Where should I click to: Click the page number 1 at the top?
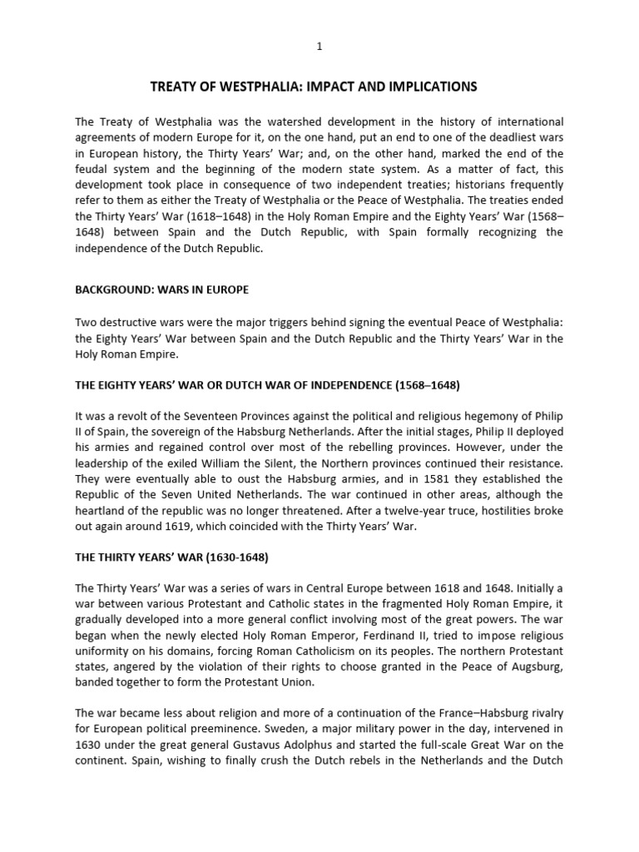(319, 47)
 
